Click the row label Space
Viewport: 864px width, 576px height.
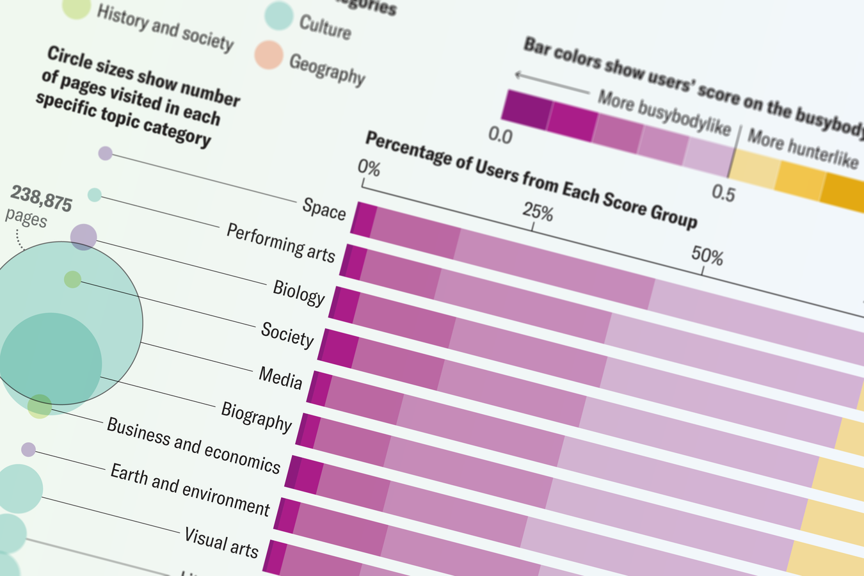(324, 209)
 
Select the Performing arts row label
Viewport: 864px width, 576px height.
(280, 243)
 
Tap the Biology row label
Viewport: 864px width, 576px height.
(298, 292)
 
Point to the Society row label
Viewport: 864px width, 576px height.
(287, 335)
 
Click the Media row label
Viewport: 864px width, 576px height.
(280, 378)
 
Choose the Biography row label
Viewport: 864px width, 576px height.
(256, 417)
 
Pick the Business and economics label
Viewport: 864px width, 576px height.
(193, 445)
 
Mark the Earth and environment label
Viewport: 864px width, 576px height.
(189, 490)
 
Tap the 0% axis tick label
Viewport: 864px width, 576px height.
(369, 168)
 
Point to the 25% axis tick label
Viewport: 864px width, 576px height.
(538, 211)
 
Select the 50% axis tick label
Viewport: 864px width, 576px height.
(707, 257)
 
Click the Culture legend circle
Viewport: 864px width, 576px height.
(279, 16)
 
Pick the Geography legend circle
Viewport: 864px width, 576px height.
(269, 55)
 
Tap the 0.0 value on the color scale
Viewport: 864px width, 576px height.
(500, 136)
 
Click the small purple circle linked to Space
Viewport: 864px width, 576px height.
(106, 154)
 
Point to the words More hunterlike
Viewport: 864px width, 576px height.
(802, 148)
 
